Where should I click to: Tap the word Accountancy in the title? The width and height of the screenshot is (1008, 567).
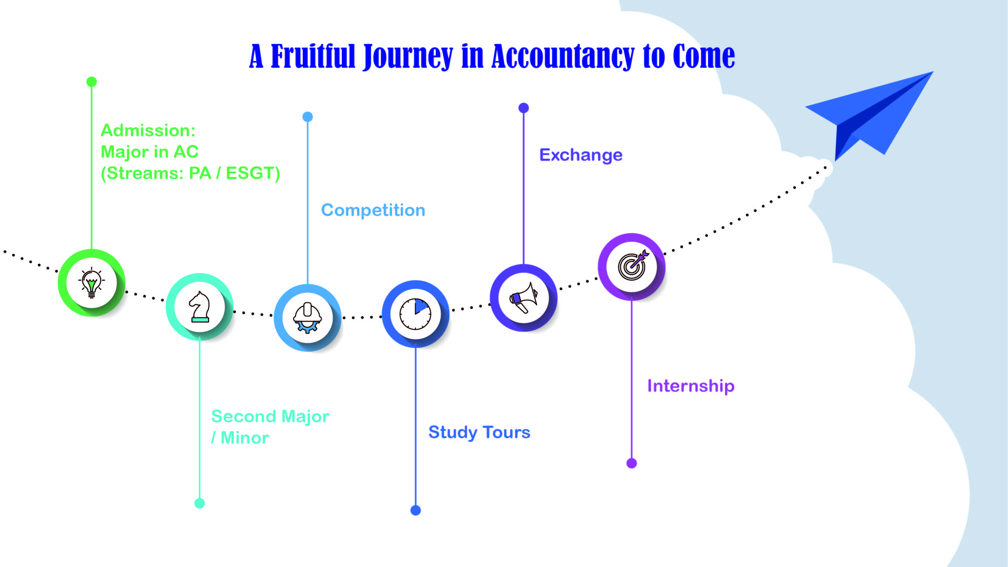click(x=563, y=57)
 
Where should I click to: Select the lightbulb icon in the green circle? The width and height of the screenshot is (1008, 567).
click(x=92, y=283)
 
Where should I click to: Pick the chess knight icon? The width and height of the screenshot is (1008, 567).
click(x=200, y=307)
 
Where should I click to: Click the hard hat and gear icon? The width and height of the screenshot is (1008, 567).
click(x=308, y=318)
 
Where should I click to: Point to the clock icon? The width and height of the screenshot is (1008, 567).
click(x=416, y=314)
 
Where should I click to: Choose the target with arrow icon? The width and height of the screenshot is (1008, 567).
click(x=632, y=266)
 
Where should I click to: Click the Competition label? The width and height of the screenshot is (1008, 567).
click(x=373, y=210)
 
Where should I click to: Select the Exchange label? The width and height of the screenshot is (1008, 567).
click(x=581, y=155)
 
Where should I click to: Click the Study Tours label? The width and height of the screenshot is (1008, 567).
click(x=479, y=432)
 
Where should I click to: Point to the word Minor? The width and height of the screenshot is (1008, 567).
click(x=245, y=438)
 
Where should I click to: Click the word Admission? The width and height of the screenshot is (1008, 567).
click(x=148, y=130)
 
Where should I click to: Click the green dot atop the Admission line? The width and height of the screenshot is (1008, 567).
click(x=92, y=82)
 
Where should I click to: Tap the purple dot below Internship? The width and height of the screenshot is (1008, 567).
click(x=632, y=463)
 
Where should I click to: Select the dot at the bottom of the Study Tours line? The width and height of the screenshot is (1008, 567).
click(x=416, y=510)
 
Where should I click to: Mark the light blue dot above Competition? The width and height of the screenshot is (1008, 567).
click(x=308, y=117)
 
